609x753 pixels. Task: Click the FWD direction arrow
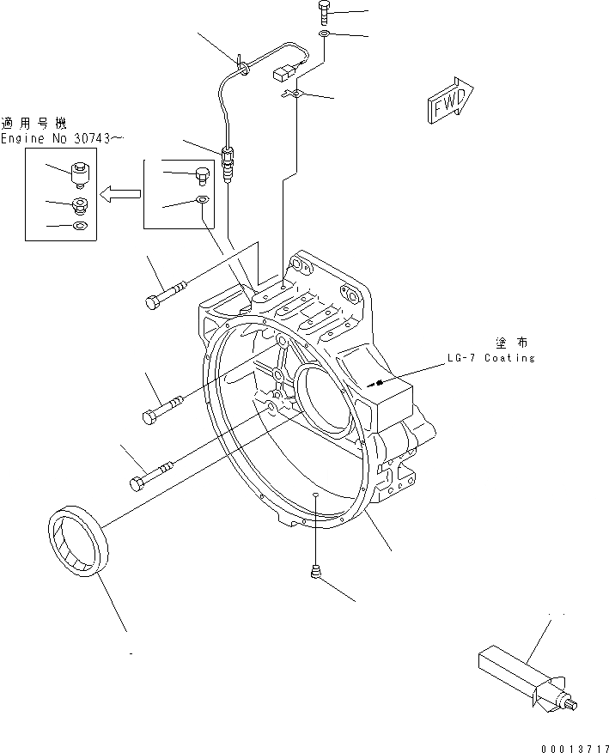(x=449, y=104)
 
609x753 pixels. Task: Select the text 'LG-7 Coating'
(x=490, y=357)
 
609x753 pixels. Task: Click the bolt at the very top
(x=324, y=12)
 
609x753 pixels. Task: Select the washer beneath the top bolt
(x=324, y=33)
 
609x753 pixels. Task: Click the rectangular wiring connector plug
(x=283, y=75)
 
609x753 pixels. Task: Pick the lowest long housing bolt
(x=153, y=475)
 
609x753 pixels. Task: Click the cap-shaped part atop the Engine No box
(x=80, y=172)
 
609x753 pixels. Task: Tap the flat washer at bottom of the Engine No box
(x=80, y=227)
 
